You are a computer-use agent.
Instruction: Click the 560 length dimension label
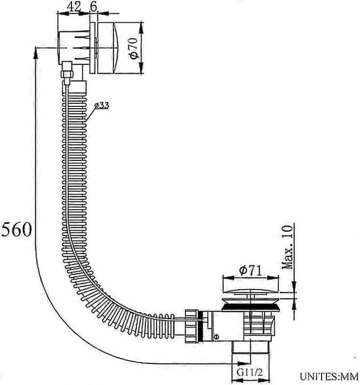point(16,229)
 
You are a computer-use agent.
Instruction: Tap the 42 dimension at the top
point(74,6)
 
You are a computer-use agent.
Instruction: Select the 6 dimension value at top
point(94,6)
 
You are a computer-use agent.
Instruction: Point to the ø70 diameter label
point(134,49)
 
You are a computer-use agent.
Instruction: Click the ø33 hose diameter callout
point(102,106)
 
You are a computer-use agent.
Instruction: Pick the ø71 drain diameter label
point(251,270)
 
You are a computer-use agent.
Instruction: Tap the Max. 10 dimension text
point(287,247)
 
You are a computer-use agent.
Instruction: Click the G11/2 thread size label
point(250,372)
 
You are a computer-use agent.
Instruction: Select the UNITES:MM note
point(329,376)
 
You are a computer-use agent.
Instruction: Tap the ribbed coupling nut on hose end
point(191,326)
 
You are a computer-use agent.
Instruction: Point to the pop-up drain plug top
point(251,292)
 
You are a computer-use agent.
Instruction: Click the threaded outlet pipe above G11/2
point(250,347)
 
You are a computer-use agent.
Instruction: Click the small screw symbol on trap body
point(216,337)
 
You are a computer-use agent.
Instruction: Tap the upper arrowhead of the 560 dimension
point(35,53)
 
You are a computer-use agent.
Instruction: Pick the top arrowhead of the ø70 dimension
point(141,28)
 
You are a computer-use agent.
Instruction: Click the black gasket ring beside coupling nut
point(200,326)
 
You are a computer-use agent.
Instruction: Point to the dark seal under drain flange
point(251,307)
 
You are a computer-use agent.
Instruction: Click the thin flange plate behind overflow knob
point(93,48)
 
